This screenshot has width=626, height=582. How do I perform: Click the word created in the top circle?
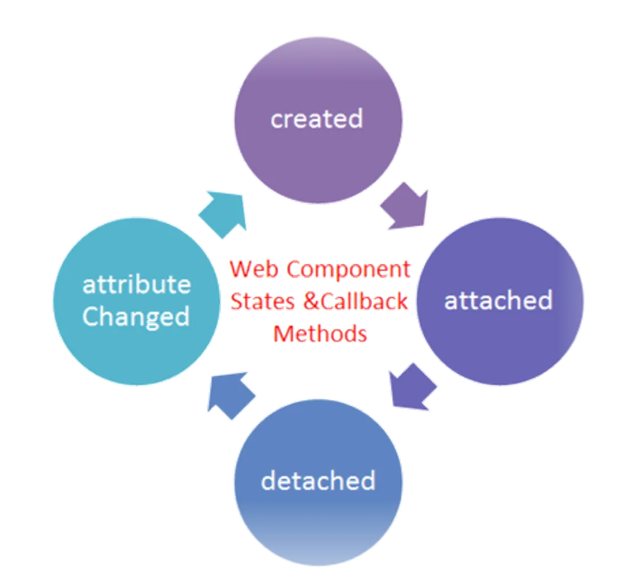click(317, 118)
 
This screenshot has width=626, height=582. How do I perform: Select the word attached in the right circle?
click(498, 301)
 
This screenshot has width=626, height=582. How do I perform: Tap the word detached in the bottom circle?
click(318, 481)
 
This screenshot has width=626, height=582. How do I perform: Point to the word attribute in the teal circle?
click(136, 285)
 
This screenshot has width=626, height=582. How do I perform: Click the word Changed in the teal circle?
click(136, 317)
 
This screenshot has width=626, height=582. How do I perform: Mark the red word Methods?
click(320, 334)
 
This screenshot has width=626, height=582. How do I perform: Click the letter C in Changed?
click(91, 317)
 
